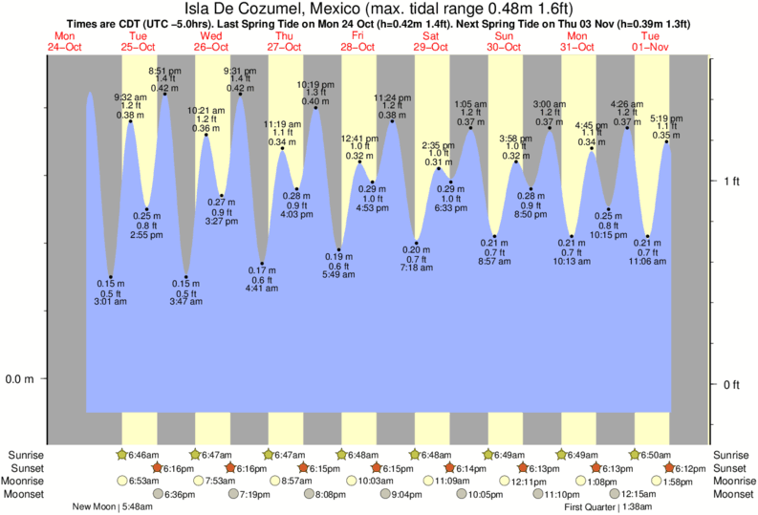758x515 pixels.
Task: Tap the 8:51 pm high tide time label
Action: click(164, 71)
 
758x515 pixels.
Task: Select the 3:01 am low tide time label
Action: click(112, 302)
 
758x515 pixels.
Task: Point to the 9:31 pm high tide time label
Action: click(240, 71)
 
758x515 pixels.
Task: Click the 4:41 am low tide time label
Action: click(262, 288)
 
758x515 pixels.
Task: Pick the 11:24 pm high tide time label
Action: click(392, 97)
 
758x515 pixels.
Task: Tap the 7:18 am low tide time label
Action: click(416, 268)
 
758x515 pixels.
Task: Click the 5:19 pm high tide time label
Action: click(666, 118)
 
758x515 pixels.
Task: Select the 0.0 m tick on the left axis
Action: click(20, 379)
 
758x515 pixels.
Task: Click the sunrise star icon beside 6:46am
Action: click(121, 455)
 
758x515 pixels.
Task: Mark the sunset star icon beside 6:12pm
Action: click(670, 468)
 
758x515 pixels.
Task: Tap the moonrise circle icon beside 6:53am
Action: click(121, 481)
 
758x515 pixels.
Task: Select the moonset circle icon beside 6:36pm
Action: click(158, 494)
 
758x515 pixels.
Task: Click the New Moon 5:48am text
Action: click(112, 507)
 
